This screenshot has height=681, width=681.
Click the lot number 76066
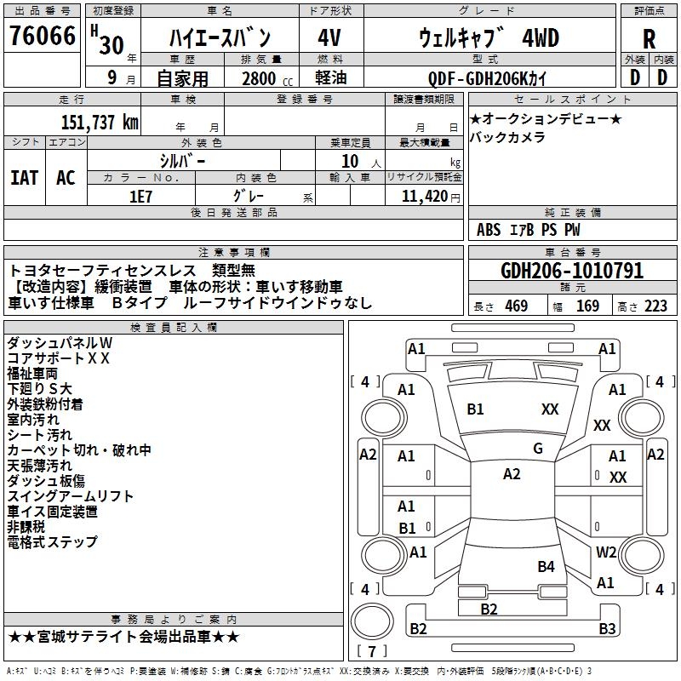coord(43,37)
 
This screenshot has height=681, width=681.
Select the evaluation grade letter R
coord(649,39)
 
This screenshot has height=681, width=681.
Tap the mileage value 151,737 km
coord(100,122)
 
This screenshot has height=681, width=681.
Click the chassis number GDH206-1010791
coord(572,271)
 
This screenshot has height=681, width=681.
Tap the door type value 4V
coord(329,39)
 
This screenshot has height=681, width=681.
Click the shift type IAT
coord(24,178)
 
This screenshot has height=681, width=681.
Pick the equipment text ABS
coord(489,230)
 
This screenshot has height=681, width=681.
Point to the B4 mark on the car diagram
coord(546,567)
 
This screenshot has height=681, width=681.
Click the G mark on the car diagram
coord(538,449)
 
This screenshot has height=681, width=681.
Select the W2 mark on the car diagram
coord(606,552)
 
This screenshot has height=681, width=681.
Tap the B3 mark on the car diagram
coord(607,629)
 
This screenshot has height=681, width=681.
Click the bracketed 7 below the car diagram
coord(371,652)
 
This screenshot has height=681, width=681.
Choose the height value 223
coord(655,306)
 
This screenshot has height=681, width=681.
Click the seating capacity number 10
coord(350,161)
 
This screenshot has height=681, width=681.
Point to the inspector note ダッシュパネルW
coord(60,342)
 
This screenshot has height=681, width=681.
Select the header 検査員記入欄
coord(174,327)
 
